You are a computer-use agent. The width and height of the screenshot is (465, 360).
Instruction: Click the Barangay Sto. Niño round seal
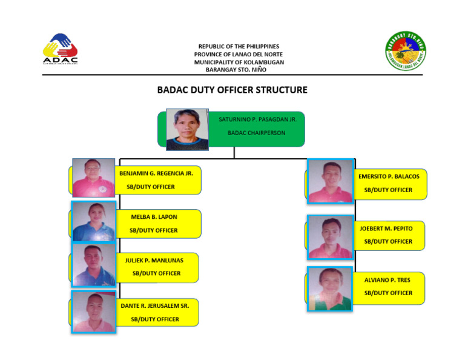click(406, 50)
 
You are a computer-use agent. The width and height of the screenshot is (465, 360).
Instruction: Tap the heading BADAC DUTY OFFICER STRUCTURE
click(232, 90)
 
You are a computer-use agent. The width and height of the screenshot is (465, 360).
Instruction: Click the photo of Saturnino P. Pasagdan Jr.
click(186, 129)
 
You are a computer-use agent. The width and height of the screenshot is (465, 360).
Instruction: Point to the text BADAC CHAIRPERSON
click(256, 133)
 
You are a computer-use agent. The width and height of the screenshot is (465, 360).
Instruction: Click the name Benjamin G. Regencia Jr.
click(156, 173)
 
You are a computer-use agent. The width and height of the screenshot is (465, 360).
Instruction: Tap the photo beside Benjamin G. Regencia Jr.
click(93, 178)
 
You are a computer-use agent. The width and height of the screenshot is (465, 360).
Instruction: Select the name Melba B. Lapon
click(154, 217)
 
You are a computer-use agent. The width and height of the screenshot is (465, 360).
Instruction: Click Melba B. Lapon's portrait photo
click(93, 221)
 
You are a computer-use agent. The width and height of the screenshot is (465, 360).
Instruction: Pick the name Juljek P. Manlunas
click(154, 261)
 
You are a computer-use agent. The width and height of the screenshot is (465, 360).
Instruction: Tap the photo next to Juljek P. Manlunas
click(93, 265)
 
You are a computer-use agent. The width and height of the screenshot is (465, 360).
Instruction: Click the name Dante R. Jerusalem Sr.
click(155, 306)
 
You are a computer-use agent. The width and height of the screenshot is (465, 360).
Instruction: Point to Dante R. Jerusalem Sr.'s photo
click(93, 312)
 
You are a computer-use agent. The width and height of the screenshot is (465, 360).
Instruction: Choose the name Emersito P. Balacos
click(388, 176)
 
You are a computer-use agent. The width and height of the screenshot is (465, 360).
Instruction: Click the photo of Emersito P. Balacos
click(330, 181)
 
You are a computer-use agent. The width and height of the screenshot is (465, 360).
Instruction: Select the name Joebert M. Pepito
click(386, 228)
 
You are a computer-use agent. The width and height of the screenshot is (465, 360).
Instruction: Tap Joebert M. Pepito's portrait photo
click(330, 237)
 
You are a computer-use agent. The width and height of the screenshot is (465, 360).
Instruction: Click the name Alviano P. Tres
click(387, 280)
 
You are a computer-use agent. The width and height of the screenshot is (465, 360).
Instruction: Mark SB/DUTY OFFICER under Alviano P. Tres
click(387, 293)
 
